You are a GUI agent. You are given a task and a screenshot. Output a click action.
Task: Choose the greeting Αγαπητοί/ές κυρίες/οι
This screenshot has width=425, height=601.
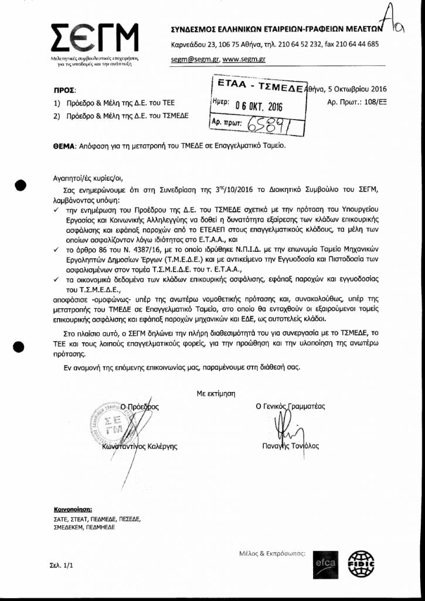point(89,176)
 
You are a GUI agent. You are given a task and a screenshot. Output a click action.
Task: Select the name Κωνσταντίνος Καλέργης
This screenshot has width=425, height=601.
point(135,446)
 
